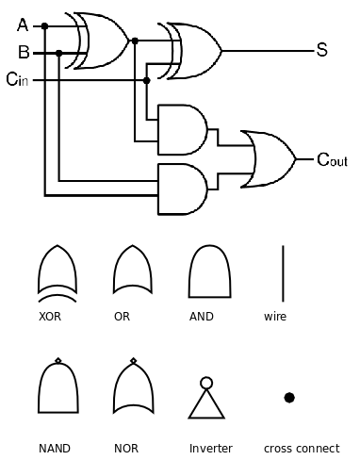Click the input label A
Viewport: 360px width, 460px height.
[x=22, y=25]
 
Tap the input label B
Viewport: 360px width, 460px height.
[x=23, y=52]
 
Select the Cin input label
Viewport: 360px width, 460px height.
[x=18, y=80]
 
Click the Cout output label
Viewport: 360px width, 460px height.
[x=331, y=160]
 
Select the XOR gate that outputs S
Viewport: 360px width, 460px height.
[x=195, y=49]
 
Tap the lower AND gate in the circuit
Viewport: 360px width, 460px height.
[x=184, y=189]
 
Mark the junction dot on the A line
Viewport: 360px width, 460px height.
[x=44, y=25]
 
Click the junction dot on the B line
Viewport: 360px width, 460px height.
[x=59, y=53]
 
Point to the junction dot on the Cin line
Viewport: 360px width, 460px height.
[x=146, y=80]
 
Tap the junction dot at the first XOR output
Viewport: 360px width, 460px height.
[x=136, y=40]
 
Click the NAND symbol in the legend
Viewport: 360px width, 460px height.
[x=57, y=389]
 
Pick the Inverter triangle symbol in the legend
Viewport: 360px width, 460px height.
[x=206, y=400]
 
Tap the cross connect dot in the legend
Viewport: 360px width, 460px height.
[x=289, y=397]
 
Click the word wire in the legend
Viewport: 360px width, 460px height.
[x=275, y=317]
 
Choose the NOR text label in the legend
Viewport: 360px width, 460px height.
[x=125, y=449]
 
